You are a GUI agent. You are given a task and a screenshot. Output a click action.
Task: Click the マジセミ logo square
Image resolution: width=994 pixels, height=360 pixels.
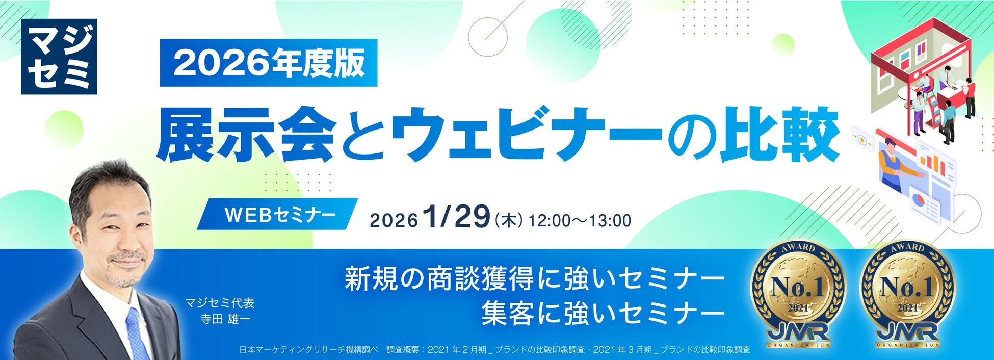click(x=59, y=57)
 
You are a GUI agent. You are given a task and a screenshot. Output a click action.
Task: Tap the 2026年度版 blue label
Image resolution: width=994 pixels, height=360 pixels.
click(x=268, y=63)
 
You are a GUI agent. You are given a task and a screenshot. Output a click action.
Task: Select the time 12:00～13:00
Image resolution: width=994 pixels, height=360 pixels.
click(x=580, y=221)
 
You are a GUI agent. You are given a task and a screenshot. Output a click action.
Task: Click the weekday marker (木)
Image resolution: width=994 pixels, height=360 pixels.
click(x=508, y=220)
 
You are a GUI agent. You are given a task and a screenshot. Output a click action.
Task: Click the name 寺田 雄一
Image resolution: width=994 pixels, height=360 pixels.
click(x=226, y=319)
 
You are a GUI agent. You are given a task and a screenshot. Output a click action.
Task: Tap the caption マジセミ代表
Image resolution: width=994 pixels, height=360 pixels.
click(x=220, y=303)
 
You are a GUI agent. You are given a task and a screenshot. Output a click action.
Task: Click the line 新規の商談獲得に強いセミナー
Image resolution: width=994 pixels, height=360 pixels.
click(x=534, y=279)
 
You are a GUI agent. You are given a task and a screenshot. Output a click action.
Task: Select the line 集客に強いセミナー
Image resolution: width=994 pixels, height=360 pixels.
click(x=603, y=313)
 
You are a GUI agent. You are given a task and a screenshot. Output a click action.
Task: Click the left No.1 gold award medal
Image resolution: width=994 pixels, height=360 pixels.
click(x=798, y=294)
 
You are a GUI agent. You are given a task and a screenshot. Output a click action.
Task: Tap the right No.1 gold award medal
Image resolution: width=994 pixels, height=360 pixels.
click(x=907, y=294)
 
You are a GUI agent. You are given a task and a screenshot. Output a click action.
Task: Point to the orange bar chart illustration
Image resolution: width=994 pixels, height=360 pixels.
click(x=933, y=164)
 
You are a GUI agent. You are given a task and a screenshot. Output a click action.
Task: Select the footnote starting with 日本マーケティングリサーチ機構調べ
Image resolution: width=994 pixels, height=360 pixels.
click(x=494, y=350)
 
